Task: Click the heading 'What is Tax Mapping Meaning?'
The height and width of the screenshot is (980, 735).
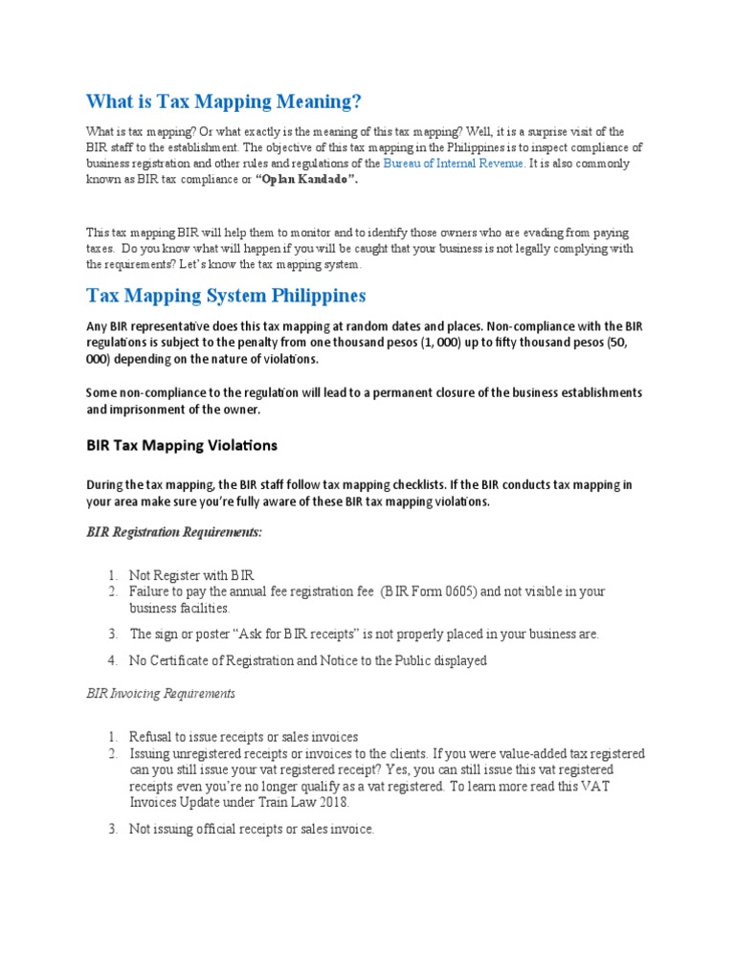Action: pyautogui.click(x=225, y=101)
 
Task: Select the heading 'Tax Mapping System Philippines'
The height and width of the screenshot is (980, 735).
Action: pyautogui.click(x=226, y=295)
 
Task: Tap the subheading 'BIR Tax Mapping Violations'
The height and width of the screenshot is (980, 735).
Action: pyautogui.click(x=182, y=445)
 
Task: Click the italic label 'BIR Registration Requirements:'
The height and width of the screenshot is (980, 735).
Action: pyautogui.click(x=174, y=531)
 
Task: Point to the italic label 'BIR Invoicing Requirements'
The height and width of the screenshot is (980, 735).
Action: pyautogui.click(x=161, y=693)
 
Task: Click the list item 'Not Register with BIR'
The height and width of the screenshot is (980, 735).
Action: pyautogui.click(x=191, y=575)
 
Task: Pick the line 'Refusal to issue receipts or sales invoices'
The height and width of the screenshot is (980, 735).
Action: pyautogui.click(x=244, y=736)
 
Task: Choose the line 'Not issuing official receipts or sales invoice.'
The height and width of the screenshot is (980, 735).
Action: pyautogui.click(x=252, y=829)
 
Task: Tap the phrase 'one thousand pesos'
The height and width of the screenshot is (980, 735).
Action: pyautogui.click(x=373, y=343)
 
